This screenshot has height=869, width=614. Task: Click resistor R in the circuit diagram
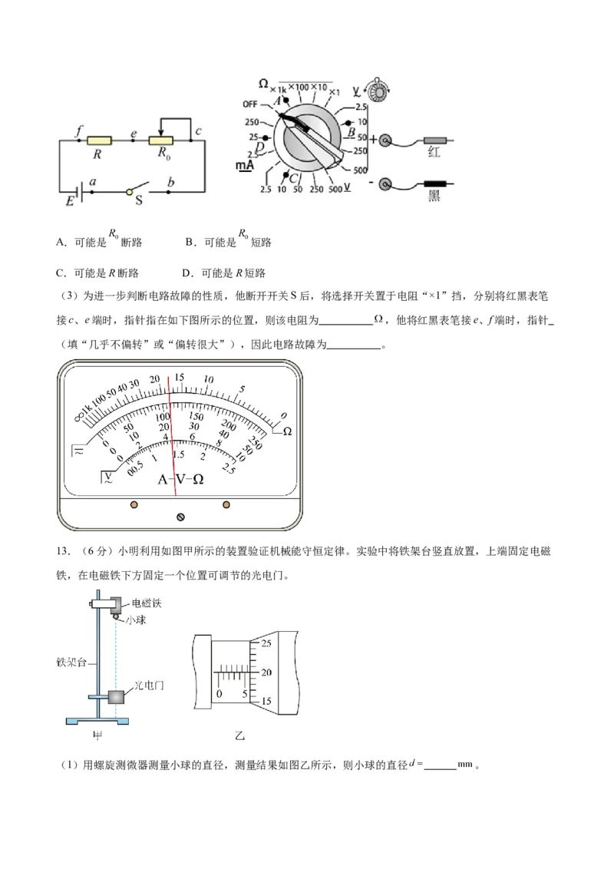click(x=99, y=140)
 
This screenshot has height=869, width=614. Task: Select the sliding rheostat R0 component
click(x=162, y=140)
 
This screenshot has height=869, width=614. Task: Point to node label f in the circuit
click(x=78, y=130)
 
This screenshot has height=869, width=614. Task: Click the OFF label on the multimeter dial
click(x=250, y=104)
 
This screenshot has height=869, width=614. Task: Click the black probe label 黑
click(x=434, y=197)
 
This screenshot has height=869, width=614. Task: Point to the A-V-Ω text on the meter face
click(x=180, y=479)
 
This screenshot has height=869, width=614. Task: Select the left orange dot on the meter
click(x=134, y=504)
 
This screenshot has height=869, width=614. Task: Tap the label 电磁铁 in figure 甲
click(x=147, y=603)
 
